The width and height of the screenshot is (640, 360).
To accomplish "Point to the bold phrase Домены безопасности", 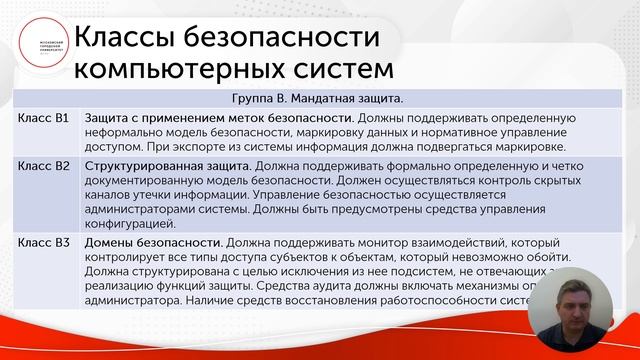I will (153, 243).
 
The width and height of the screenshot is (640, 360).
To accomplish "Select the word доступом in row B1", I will (115, 148).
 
